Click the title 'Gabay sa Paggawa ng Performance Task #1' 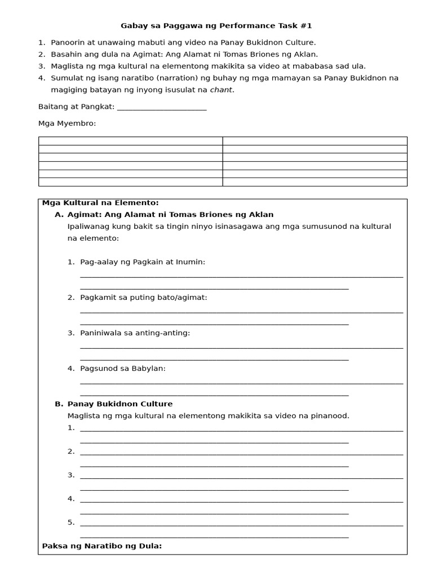click(x=216, y=26)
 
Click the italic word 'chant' click(x=221, y=90)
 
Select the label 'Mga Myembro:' click(x=67, y=123)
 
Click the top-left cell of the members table click(x=130, y=141)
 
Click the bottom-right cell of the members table click(x=315, y=181)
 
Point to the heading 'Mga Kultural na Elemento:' click(x=100, y=203)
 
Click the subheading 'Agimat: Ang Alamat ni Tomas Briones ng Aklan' click(x=170, y=215)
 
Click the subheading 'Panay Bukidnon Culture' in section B click(x=120, y=404)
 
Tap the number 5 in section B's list click(x=71, y=522)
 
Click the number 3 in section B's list click(x=71, y=475)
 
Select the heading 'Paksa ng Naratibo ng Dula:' click(x=102, y=545)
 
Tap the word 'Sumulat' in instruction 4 click(x=66, y=78)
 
